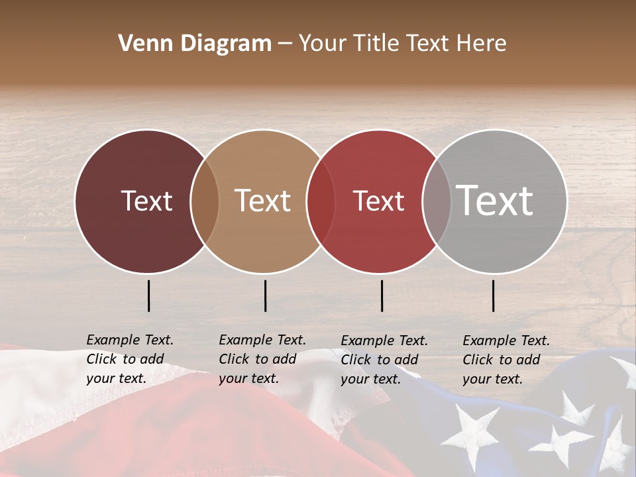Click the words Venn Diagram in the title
[195, 44]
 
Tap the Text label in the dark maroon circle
[146, 201]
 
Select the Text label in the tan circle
[263, 201]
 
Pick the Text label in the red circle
[378, 201]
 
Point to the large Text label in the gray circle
[495, 201]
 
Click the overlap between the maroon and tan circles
[205, 201]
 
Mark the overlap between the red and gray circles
[437, 201]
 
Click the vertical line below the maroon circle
[149, 295]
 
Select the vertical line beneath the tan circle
[265, 295]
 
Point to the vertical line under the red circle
[382, 295]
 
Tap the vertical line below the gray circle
[494, 295]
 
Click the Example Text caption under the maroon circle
[130, 359]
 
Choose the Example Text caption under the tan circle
[262, 359]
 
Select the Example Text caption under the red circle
[384, 360]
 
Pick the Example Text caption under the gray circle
[506, 360]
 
